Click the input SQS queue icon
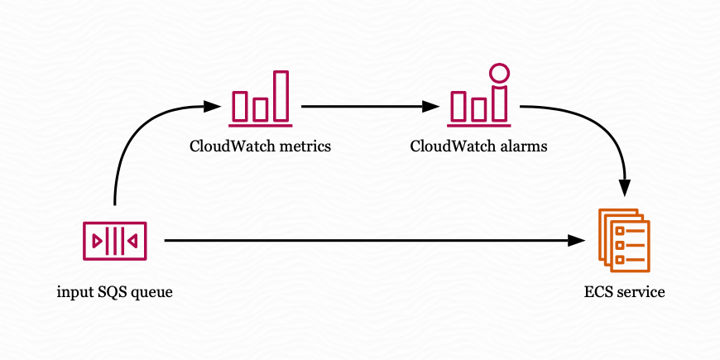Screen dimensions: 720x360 click(115, 241)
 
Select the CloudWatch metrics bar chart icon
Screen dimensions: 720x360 click(261, 98)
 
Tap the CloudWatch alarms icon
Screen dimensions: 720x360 click(479, 94)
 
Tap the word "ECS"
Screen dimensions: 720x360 click(598, 292)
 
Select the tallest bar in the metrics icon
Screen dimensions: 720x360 click(281, 96)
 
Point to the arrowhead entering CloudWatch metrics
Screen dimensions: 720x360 click(212, 107)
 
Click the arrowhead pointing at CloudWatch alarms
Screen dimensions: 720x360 click(430, 107)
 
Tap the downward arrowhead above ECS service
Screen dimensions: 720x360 click(625, 188)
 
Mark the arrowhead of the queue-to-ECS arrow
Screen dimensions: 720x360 click(576, 240)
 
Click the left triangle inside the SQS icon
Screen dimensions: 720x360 click(98, 241)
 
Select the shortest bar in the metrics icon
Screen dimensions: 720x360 click(261, 110)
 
